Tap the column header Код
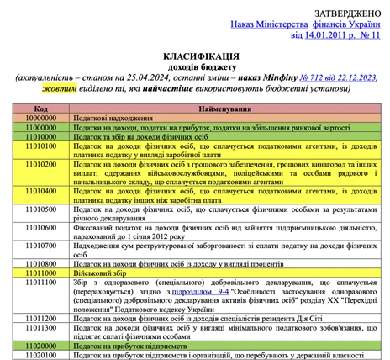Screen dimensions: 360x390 pyautogui.click(x=40, y=108)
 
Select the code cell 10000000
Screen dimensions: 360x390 pyautogui.click(x=40, y=118)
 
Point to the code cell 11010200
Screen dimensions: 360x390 pyautogui.click(x=40, y=165)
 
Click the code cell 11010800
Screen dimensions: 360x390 pyautogui.click(x=40, y=262)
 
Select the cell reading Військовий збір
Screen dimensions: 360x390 pyautogui.click(x=99, y=273)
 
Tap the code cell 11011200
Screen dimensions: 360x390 pyautogui.click(x=40, y=320)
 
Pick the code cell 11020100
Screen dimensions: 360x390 pyautogui.click(x=40, y=355)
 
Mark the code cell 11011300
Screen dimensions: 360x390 pyautogui.click(x=40, y=329)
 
